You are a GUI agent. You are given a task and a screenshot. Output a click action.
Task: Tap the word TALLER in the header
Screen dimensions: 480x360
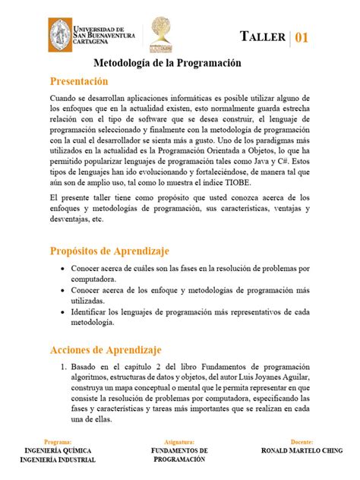(x=263, y=37)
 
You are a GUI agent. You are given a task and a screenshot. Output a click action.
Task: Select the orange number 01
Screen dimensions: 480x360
(x=302, y=37)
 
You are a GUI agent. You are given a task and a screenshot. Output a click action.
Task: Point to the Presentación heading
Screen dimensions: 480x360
(x=80, y=81)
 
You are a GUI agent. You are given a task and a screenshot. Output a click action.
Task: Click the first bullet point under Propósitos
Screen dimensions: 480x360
(x=62, y=269)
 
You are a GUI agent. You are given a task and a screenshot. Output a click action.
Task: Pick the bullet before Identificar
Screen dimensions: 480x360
(x=62, y=312)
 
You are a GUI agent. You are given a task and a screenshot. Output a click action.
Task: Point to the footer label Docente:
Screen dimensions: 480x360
(x=302, y=441)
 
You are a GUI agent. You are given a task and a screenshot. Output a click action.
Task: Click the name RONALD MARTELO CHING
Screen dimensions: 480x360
(x=302, y=450)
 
